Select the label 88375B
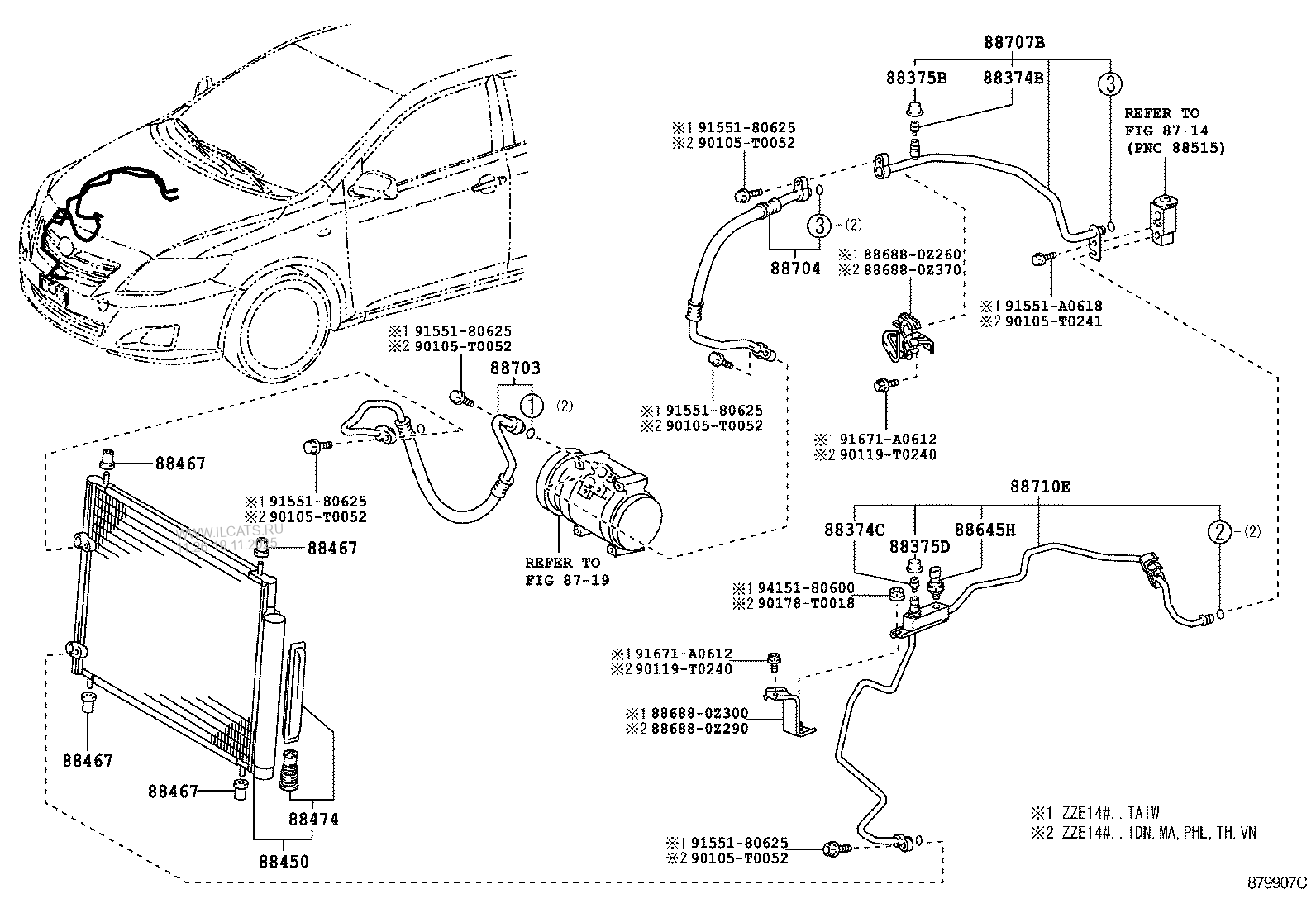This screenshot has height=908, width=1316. [916, 78]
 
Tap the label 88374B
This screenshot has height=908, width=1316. [1013, 78]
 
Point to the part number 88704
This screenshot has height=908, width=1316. [795, 269]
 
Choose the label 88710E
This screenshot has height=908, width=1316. [1039, 487]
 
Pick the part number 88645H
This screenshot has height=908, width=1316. [985, 530]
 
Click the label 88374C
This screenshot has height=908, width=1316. [854, 530]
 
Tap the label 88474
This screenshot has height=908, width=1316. [314, 820]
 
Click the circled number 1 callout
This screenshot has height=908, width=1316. [532, 406]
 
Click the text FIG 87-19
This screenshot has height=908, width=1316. [567, 580]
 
